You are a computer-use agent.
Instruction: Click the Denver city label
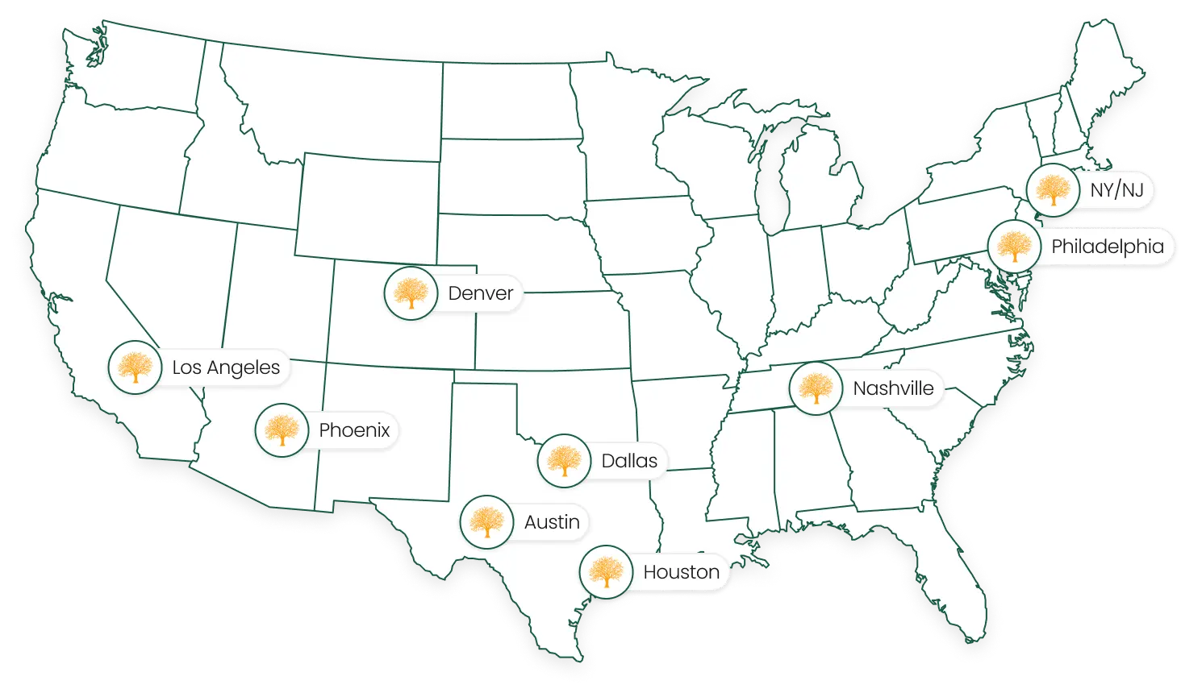pyautogui.click(x=480, y=293)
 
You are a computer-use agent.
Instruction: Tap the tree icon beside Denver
pyautogui.click(x=411, y=294)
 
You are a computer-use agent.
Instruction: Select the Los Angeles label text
pyautogui.click(x=226, y=368)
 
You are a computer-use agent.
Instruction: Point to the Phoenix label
pyautogui.click(x=354, y=430)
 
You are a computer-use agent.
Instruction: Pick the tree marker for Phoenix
pyautogui.click(x=282, y=430)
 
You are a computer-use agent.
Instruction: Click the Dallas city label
pyautogui.click(x=629, y=461)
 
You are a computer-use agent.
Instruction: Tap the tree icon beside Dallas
pyautogui.click(x=564, y=461)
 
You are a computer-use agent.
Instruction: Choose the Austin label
pyautogui.click(x=552, y=522)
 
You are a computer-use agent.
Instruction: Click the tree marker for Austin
pyautogui.click(x=486, y=522)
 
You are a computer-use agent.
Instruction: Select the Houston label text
pyautogui.click(x=681, y=572)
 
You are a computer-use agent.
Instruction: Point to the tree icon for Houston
pyautogui.click(x=606, y=572)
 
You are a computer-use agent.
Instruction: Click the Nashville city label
pyautogui.click(x=893, y=388)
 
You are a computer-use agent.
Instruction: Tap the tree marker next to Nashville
pyautogui.click(x=816, y=388)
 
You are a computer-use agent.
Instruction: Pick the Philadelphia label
pyautogui.click(x=1108, y=247)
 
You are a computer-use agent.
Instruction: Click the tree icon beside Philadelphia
pyautogui.click(x=1014, y=247)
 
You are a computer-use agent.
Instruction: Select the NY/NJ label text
pyautogui.click(x=1116, y=190)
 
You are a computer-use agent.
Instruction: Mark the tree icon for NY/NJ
pyautogui.click(x=1053, y=190)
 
